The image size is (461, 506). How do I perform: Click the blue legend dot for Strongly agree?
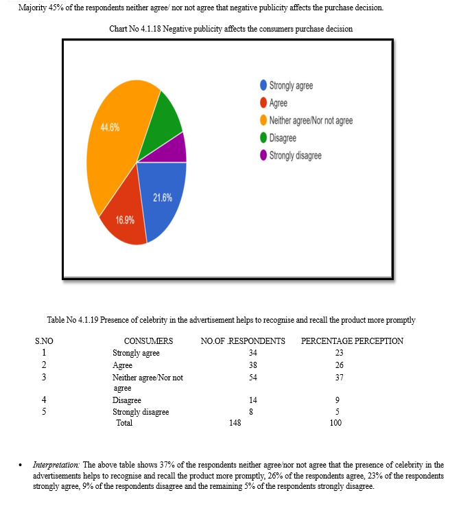pos(263,86)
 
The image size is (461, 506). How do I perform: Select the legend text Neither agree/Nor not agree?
pos(311,121)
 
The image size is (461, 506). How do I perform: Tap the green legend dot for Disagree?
pos(263,138)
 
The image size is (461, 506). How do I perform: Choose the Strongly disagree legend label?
pos(295,155)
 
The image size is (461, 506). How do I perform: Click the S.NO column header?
pos(45,341)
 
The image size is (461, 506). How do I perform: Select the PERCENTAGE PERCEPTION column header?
pos(352,341)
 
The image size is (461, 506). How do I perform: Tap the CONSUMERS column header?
pos(148,341)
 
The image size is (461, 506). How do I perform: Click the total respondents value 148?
pos(235,423)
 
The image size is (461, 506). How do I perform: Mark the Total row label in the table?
pos(124,423)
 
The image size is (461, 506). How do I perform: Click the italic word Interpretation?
pos(57,465)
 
